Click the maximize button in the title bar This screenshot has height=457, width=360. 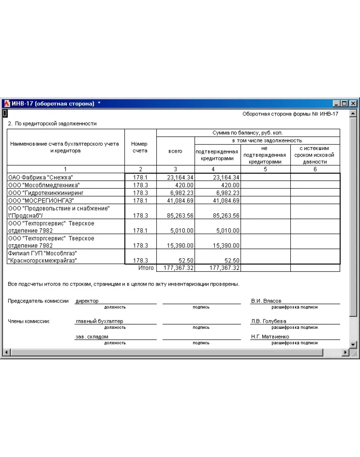click(x=345, y=104)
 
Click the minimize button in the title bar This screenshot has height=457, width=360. click(x=337, y=104)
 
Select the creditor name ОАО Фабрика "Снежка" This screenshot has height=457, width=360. click(x=41, y=177)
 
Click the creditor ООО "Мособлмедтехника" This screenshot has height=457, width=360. click(x=44, y=185)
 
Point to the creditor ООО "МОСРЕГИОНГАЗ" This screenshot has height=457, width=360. click(x=41, y=200)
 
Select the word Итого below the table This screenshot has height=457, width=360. click(x=146, y=268)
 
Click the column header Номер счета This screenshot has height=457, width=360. click(x=139, y=147)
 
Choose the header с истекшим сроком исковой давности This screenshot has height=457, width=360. click(x=315, y=155)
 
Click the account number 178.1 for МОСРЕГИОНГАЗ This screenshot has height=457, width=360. click(x=140, y=200)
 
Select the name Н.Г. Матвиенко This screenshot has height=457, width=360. click(x=270, y=337)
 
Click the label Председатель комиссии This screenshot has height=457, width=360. click(x=38, y=301)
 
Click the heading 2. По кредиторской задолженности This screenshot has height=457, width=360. click(x=52, y=123)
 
